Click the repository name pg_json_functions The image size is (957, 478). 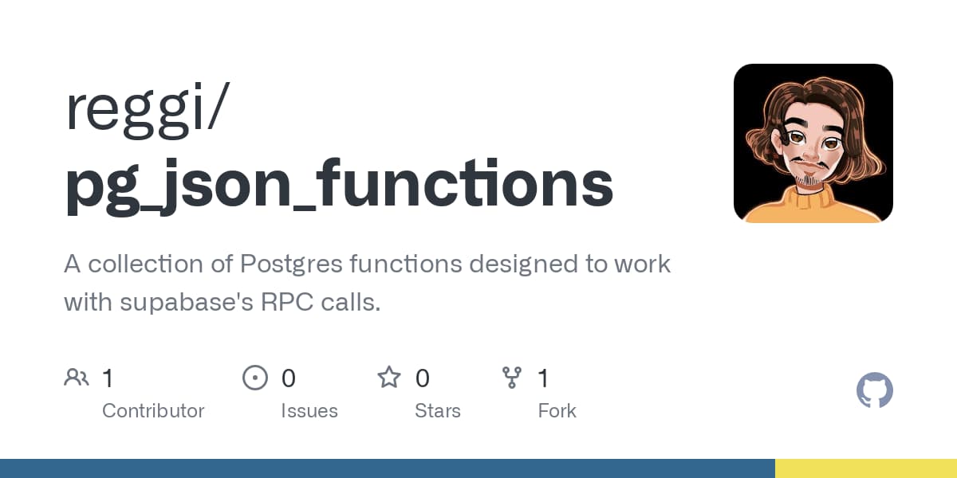[339, 185]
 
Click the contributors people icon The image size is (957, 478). [77, 378]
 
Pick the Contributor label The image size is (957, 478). [153, 411]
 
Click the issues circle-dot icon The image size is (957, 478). [254, 378]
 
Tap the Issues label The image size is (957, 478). [309, 411]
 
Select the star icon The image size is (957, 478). [389, 378]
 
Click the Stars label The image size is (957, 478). [438, 411]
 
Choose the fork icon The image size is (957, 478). [511, 378]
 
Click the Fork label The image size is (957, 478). [557, 411]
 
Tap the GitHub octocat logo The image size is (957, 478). [874, 391]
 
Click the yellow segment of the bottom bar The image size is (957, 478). [866, 468]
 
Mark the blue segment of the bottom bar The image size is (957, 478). [387, 468]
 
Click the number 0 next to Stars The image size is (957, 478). [423, 378]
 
